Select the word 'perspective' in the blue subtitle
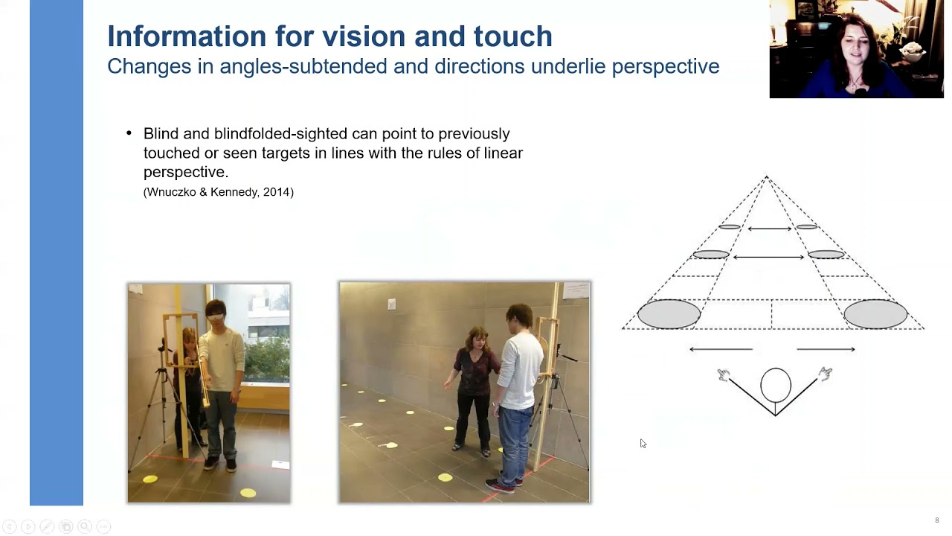[x=665, y=66]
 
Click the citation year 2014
[x=277, y=192]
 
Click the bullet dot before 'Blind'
[x=129, y=134]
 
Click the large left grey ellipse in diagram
[x=669, y=313]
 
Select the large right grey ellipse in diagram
[x=875, y=313]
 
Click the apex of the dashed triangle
[x=766, y=177]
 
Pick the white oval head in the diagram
[x=776, y=385]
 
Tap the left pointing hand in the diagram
[x=723, y=375]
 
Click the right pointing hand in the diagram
[x=825, y=374]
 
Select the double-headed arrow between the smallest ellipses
[x=769, y=229]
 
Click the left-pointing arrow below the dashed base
[x=721, y=348]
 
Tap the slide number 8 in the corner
[x=937, y=520]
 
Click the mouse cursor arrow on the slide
[x=643, y=444]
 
